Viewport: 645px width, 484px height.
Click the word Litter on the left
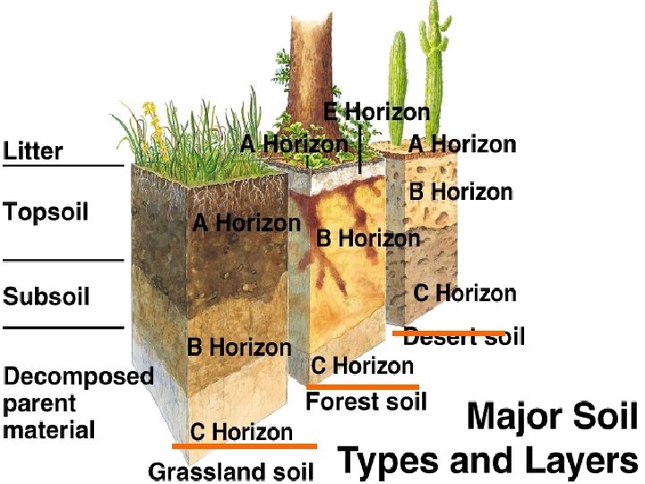(34, 151)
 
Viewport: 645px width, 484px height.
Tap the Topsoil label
(46, 212)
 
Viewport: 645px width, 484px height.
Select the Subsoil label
(47, 296)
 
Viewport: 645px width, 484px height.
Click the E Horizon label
(376, 113)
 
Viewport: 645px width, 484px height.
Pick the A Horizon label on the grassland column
(246, 223)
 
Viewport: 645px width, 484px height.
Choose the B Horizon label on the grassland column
(239, 348)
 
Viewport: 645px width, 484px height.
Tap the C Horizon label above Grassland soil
(241, 432)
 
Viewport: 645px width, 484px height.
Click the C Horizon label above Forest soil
(362, 366)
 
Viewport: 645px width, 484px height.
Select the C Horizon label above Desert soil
(465, 293)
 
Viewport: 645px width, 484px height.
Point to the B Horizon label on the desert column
(461, 192)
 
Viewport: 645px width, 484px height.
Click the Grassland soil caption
(231, 471)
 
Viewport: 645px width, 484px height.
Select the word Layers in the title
(582, 461)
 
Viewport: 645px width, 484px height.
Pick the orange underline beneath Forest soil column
(363, 386)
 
